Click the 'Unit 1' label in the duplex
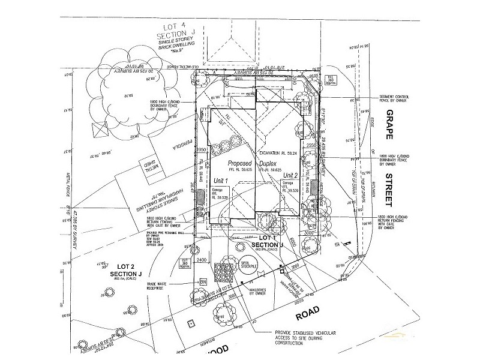(221, 181)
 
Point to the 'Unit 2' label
(291, 175)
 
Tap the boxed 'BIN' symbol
(202, 281)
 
